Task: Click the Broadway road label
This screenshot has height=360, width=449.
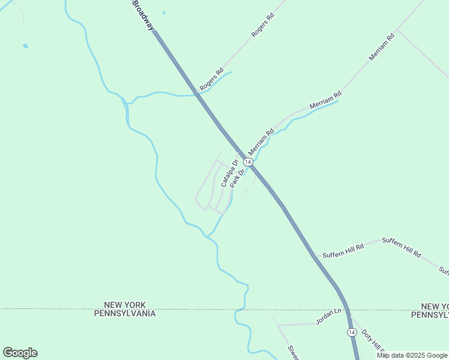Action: tap(142, 16)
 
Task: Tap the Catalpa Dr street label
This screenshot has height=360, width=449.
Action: tap(229, 173)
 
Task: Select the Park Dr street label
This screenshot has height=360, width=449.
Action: tap(238, 178)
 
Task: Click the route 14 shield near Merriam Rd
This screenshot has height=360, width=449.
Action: tap(247, 163)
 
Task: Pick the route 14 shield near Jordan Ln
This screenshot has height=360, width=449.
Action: tap(351, 332)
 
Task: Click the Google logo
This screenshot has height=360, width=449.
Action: tap(20, 353)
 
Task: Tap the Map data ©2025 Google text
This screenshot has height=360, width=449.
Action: tap(412, 355)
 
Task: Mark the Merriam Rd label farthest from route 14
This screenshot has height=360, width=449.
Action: tap(382, 47)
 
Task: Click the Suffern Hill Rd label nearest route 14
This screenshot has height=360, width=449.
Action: tap(343, 251)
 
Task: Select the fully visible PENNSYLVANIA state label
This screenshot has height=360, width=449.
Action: tap(125, 313)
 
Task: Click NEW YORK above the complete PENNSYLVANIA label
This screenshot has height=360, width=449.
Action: tap(125, 305)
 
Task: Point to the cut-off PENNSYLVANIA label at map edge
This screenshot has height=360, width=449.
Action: tap(430, 314)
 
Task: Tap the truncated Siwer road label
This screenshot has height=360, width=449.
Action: tap(292, 353)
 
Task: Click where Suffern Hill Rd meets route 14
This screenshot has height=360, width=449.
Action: tap(313, 257)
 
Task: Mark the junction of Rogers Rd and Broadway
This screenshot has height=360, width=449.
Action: tap(197, 94)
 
